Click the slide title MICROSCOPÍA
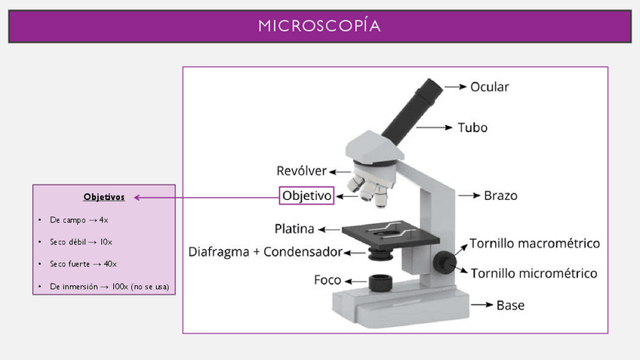[319, 26]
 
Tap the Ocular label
[490, 87]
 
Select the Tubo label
[472, 128]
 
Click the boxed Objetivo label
[306, 195]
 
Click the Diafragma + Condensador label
[265, 251]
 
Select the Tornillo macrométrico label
[534, 243]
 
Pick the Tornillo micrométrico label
[534, 272]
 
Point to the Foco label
[328, 280]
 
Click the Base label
[510, 306]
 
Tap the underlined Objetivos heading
[104, 197]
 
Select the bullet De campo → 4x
[79, 220]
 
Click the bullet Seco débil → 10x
[81, 242]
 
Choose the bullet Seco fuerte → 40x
[83, 264]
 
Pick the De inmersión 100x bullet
[109, 287]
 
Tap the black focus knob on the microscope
[445, 261]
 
